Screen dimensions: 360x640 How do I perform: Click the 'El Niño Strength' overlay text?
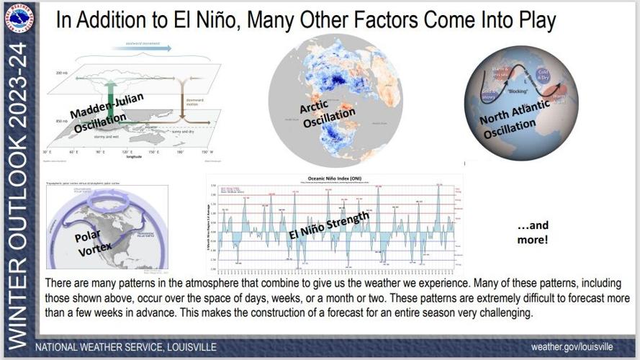329,226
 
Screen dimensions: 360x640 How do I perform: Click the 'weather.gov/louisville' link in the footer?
572,347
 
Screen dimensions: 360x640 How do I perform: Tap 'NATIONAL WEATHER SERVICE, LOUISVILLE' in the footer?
127,347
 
